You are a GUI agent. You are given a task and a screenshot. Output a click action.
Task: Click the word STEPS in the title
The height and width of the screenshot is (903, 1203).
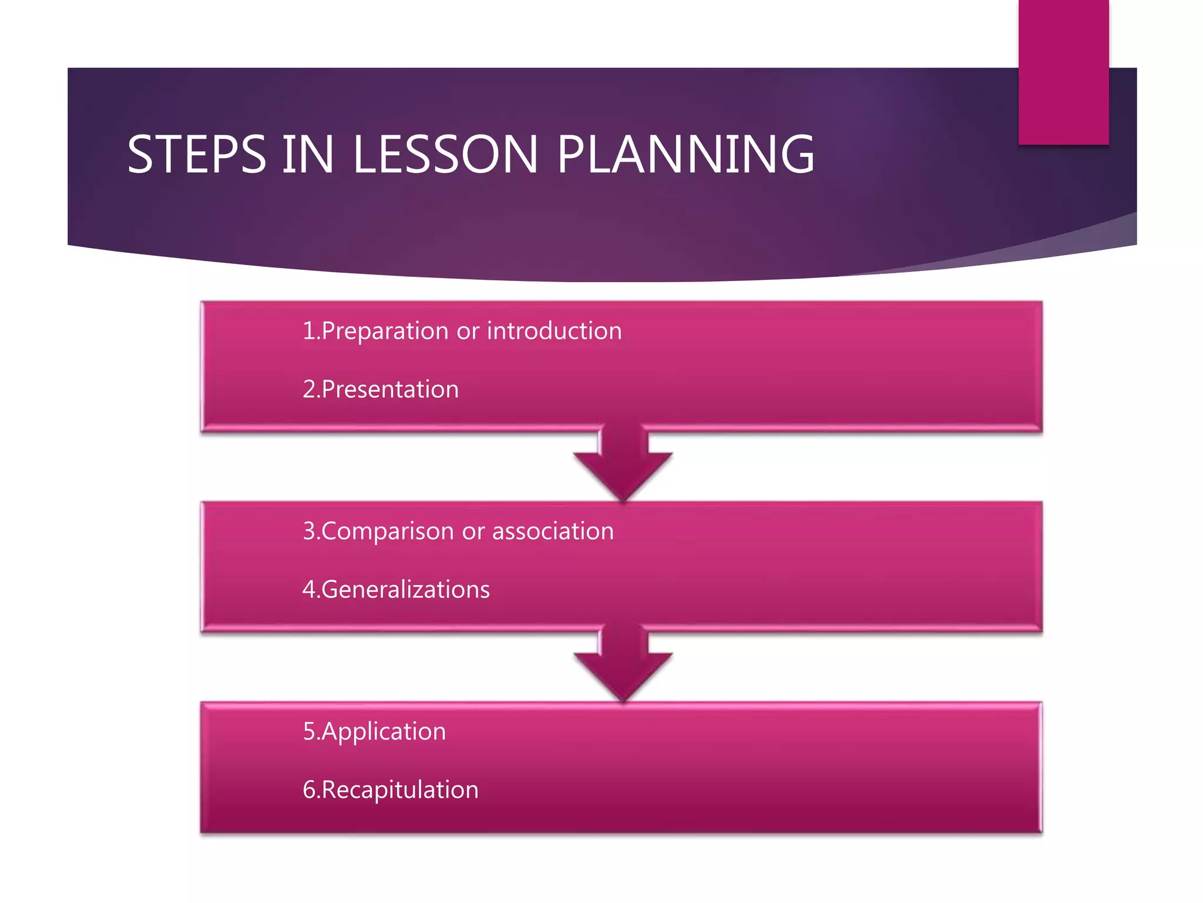point(197,154)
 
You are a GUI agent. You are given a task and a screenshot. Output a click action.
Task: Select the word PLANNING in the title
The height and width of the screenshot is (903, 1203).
point(685,154)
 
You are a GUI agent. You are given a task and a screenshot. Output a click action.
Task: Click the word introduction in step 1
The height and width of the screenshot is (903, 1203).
point(554,330)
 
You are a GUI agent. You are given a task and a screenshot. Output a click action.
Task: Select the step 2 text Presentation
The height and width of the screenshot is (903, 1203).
point(390,389)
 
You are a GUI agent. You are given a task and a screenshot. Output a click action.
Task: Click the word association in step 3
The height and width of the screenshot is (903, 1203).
point(553,531)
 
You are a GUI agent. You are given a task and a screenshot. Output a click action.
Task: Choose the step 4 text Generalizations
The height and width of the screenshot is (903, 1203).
point(405,590)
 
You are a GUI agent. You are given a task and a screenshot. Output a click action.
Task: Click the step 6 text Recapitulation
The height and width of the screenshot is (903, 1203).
point(400,790)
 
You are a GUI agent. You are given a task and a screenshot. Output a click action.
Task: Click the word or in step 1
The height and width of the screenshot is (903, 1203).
point(468,331)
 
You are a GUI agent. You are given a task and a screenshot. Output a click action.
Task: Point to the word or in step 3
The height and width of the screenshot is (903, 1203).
point(473,531)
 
